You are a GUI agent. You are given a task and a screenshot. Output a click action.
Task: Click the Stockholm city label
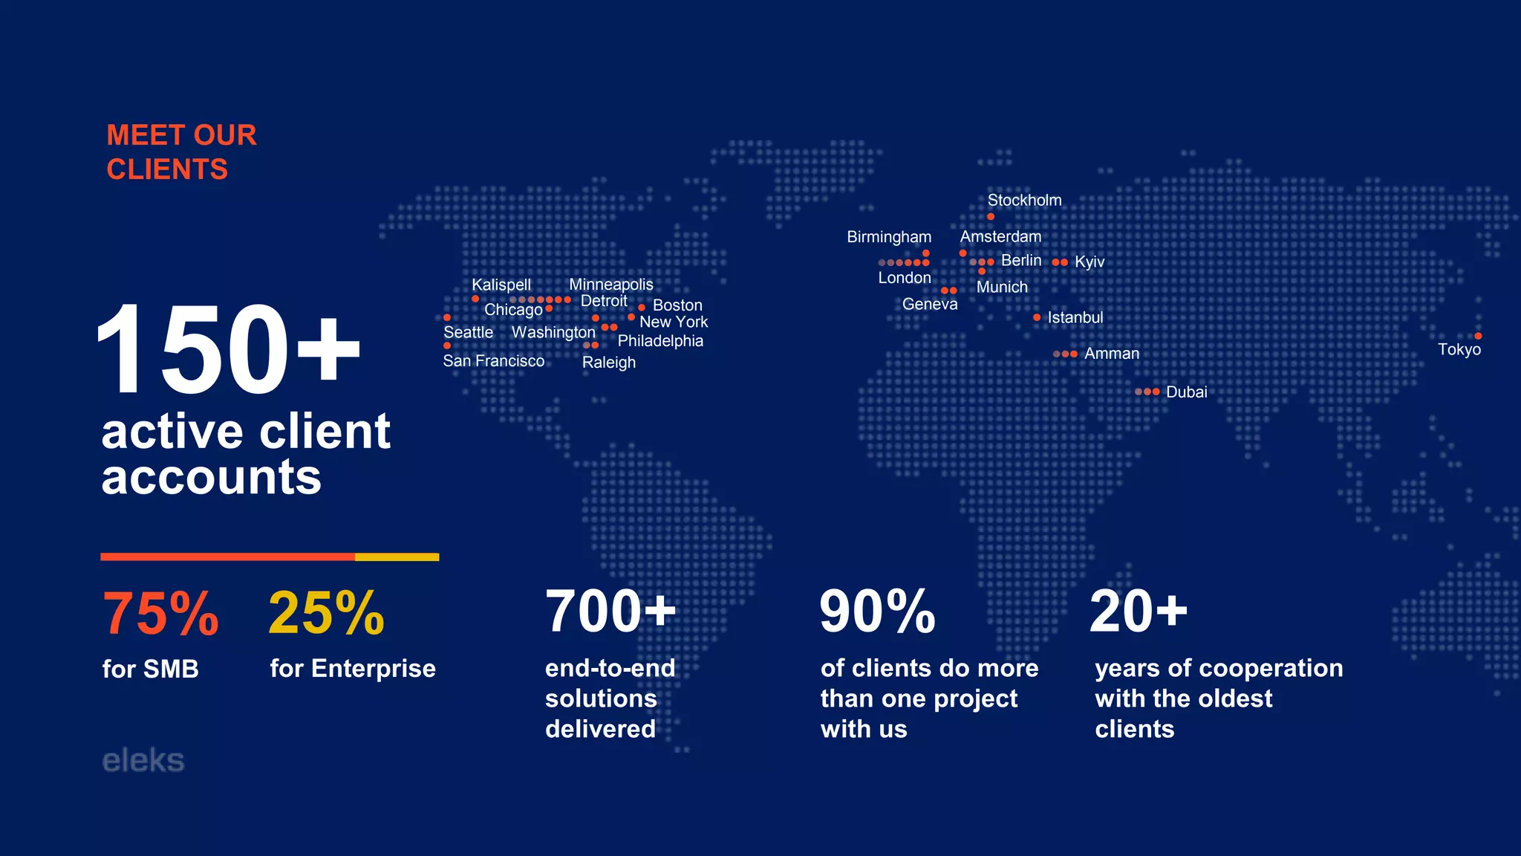(1024, 200)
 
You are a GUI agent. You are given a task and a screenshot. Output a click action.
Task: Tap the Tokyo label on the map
(1459, 349)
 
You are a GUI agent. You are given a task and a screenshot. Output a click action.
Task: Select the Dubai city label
(1186, 392)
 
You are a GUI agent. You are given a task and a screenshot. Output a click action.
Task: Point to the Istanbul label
(1075, 317)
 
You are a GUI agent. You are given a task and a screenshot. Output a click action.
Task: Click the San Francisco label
(493, 361)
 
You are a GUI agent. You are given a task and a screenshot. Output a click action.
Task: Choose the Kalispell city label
(501, 285)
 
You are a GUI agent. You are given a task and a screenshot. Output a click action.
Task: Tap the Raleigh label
(608, 363)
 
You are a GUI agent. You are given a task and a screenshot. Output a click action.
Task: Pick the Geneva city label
(930, 304)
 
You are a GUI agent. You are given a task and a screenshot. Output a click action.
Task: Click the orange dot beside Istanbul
(1037, 317)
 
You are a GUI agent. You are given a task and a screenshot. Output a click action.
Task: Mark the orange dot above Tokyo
(1478, 336)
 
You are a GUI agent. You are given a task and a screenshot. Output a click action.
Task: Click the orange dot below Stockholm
(991, 216)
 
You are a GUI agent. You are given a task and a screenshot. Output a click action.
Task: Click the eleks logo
(143, 761)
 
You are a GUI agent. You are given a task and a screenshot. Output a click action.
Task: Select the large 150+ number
(227, 348)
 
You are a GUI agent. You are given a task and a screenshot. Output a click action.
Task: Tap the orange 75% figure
(160, 614)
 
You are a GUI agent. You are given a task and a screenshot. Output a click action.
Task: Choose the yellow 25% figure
(326, 614)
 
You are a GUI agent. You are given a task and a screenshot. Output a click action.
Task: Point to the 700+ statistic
(610, 612)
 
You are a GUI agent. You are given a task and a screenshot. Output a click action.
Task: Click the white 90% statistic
(877, 612)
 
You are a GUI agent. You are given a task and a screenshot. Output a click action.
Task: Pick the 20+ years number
(1138, 612)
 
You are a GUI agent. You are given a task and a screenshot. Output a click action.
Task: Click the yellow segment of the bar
(397, 557)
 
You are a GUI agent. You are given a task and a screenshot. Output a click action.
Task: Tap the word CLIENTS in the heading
(167, 169)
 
